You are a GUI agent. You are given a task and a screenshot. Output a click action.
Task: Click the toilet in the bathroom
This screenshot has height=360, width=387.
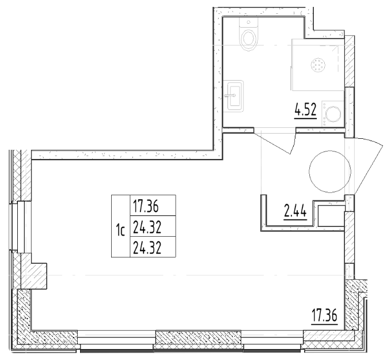coord(249,37)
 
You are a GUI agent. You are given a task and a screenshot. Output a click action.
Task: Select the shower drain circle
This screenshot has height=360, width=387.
coord(317,66)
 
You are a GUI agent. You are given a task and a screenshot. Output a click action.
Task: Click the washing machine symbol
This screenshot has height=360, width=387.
coord(334,113)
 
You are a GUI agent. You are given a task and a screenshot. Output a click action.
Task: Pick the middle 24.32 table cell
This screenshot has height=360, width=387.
coord(145,226)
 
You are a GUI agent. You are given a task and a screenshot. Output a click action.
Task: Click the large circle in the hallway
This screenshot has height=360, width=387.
coord(329,170)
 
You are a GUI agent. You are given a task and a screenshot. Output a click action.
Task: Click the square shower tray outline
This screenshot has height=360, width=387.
coord(317,65)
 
